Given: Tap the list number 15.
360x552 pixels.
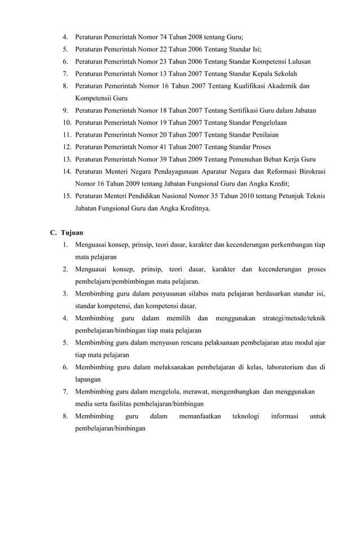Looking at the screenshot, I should [67, 196].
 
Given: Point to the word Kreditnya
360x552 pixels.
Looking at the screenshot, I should [189, 208].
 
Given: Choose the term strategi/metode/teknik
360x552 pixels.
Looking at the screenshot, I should [294, 319].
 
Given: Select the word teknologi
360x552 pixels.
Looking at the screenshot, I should [245, 417].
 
